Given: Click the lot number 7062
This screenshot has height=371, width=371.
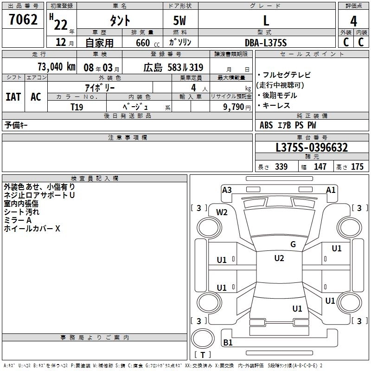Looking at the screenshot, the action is (x=23, y=21).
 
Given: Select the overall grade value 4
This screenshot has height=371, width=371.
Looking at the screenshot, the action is (x=354, y=21).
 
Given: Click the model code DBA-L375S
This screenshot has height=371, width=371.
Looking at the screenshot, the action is (x=266, y=43).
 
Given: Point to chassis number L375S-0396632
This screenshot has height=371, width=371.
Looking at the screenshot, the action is (x=311, y=147).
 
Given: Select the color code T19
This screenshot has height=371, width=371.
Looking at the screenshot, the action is (x=77, y=107).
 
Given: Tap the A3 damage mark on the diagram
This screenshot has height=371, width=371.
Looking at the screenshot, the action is (x=227, y=190).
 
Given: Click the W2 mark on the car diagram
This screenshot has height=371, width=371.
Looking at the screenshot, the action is (x=222, y=212).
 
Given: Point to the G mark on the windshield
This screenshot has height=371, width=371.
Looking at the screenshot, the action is (x=293, y=244).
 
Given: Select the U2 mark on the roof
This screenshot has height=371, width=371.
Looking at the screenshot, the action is (x=279, y=258).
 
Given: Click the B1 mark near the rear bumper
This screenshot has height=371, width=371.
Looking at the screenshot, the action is (x=228, y=343).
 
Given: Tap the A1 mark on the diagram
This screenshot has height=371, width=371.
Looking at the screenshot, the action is (x=331, y=190).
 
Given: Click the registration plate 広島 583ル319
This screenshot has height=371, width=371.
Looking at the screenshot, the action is (x=173, y=67).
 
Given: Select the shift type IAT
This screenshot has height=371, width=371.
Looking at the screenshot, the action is (x=13, y=97).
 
